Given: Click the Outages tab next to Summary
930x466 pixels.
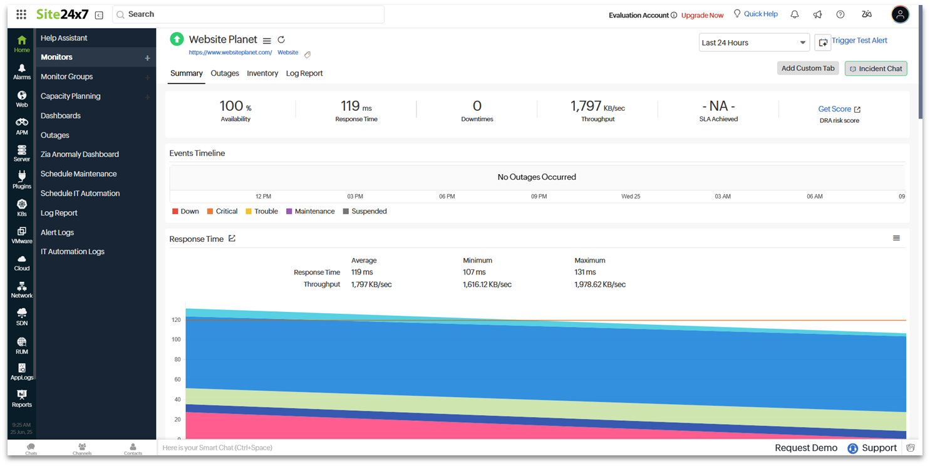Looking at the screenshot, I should [225, 73].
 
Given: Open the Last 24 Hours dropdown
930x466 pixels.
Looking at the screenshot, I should [753, 43].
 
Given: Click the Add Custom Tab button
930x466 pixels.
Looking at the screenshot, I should [807, 68].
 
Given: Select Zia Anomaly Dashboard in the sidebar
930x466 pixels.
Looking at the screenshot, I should [80, 154].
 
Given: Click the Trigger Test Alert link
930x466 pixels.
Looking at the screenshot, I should [859, 41].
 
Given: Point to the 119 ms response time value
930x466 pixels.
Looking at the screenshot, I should [356, 106].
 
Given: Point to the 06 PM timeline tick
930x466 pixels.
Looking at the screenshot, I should [447, 197].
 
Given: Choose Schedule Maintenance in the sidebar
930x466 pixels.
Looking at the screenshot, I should [78, 174].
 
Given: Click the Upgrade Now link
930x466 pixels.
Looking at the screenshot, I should [702, 16].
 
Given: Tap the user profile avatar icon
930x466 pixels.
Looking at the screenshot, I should [900, 14].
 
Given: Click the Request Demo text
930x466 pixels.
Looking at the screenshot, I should [805, 448].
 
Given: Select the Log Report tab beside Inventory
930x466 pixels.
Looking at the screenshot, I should [304, 73].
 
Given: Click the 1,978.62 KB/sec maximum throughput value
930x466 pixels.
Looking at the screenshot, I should [599, 284].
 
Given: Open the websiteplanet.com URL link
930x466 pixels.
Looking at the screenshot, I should [230, 53].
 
